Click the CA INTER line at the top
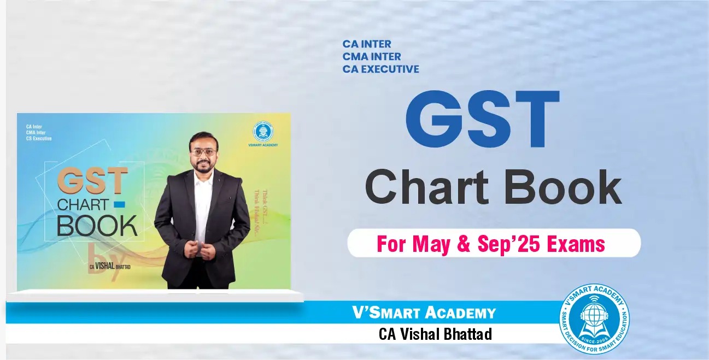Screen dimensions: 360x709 (x=367, y=44)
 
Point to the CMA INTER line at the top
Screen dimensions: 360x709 (x=372, y=56)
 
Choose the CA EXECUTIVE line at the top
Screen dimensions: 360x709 (x=381, y=69)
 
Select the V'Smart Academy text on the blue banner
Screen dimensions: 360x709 (x=424, y=313)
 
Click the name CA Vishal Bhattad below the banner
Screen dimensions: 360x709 (x=435, y=334)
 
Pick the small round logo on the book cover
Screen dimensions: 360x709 (x=262, y=132)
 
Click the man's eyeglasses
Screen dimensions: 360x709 (x=203, y=151)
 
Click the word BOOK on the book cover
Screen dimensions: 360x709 (x=97, y=226)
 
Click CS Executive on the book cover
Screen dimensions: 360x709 (x=39, y=138)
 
